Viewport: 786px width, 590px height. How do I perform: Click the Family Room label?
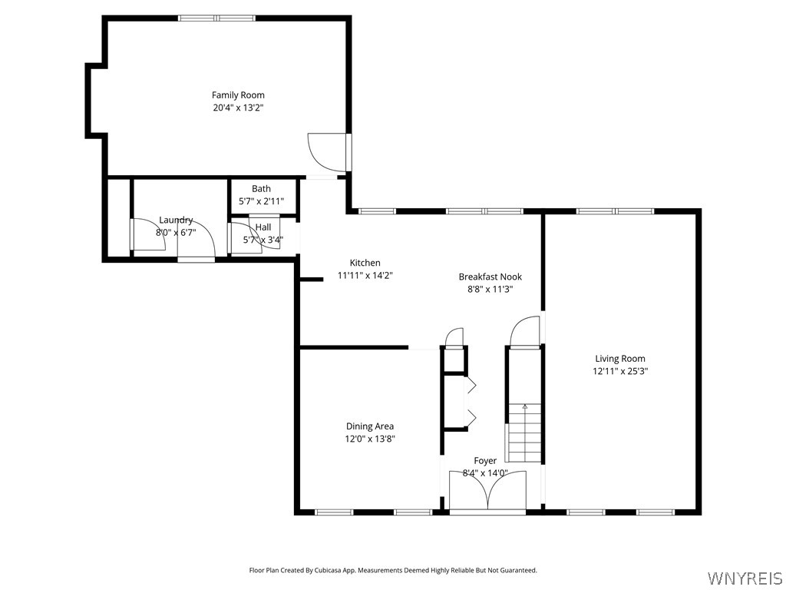[x=238, y=94]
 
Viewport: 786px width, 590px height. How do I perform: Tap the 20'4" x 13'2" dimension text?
[x=238, y=108]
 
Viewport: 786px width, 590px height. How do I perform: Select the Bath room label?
[x=261, y=189]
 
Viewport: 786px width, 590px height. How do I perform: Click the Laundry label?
[x=176, y=220]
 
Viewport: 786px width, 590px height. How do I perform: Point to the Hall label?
[x=263, y=227]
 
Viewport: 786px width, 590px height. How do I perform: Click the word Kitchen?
[x=365, y=263]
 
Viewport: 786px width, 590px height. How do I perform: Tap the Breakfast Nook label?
[x=490, y=277]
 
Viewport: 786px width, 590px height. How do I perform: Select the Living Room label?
[x=620, y=359]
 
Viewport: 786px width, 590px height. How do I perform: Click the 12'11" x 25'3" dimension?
[x=620, y=371]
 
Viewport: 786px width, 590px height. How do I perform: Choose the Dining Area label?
[x=370, y=426]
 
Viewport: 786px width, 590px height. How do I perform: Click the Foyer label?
[x=485, y=461]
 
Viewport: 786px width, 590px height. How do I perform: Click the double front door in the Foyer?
[x=487, y=490]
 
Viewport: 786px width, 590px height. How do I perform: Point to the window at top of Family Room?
[x=217, y=18]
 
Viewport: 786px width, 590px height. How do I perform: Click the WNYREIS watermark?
[x=744, y=578]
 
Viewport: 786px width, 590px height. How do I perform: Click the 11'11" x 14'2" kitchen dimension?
[x=365, y=275]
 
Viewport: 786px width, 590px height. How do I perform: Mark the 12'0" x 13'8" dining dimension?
[x=370, y=439]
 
